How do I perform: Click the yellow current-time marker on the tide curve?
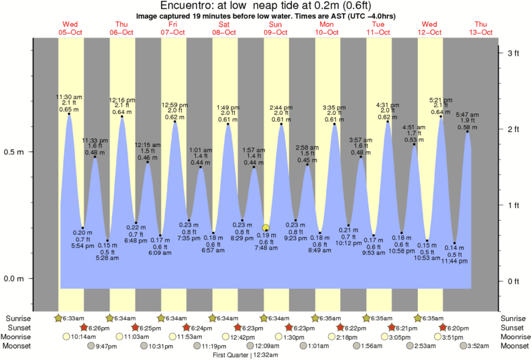pos(266,228)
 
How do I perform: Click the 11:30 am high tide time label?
pos(68,97)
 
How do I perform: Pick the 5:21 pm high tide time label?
pos(441,101)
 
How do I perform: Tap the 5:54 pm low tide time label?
pos(83,246)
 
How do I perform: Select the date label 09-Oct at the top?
pos(276,32)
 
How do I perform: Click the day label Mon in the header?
pos(327,24)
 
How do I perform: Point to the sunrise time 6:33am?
pos(73,318)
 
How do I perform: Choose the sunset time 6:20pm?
pos(459,328)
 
